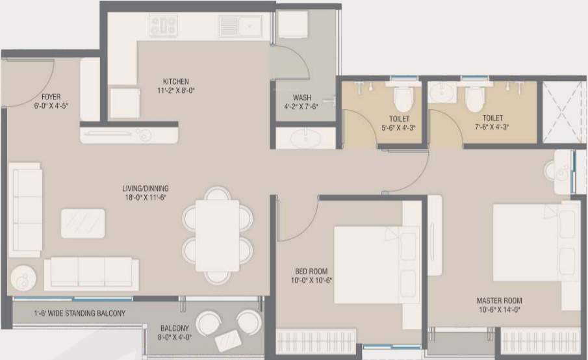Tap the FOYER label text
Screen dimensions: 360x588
[51, 97]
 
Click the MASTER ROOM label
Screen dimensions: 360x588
[499, 301]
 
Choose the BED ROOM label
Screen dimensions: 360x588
[311, 271]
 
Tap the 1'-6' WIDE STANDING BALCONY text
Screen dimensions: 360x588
[79, 313]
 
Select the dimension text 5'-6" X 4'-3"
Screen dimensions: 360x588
[400, 127]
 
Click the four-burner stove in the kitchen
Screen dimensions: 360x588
[164, 25]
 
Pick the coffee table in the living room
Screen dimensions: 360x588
[83, 222]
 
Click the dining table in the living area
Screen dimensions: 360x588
[217, 235]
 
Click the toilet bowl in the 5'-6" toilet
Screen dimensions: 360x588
[403, 98]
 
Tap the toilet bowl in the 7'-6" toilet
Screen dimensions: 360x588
[474, 98]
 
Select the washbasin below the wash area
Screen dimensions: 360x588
[305, 138]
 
